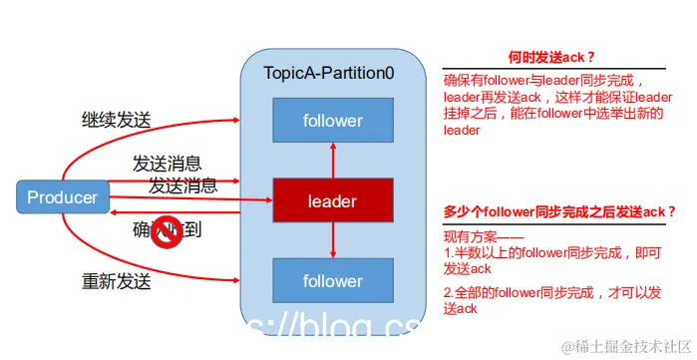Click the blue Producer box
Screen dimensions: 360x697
[x=63, y=196]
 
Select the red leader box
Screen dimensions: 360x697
[x=332, y=201]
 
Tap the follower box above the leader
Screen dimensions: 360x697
[x=332, y=121]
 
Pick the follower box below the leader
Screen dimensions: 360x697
[x=332, y=280]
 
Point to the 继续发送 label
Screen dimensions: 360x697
[x=117, y=121]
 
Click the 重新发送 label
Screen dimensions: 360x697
[x=117, y=281]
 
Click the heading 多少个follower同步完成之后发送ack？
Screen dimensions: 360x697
[x=559, y=211]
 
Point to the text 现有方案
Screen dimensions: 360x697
[x=477, y=235]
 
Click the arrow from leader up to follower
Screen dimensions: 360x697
[x=332, y=161]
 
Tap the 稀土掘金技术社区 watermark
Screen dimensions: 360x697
[x=622, y=346]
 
